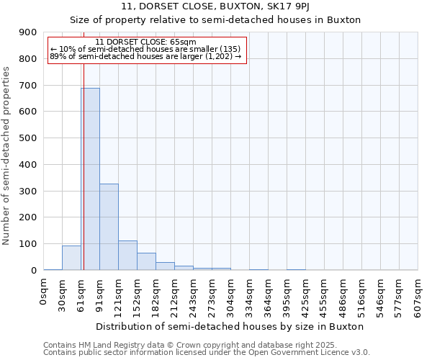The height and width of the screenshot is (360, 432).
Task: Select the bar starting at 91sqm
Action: point(109,227)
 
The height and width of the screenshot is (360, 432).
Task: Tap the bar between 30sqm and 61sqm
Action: point(71,258)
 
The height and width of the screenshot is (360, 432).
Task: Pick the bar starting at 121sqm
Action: point(127,256)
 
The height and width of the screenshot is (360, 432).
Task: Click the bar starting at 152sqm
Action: point(146,261)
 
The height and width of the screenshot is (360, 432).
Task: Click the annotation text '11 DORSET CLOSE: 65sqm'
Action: point(145,42)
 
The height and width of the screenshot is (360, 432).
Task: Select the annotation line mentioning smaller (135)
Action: point(145,49)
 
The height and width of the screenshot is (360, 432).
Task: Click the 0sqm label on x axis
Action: point(44,292)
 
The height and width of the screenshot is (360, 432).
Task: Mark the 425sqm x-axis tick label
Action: point(306,295)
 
